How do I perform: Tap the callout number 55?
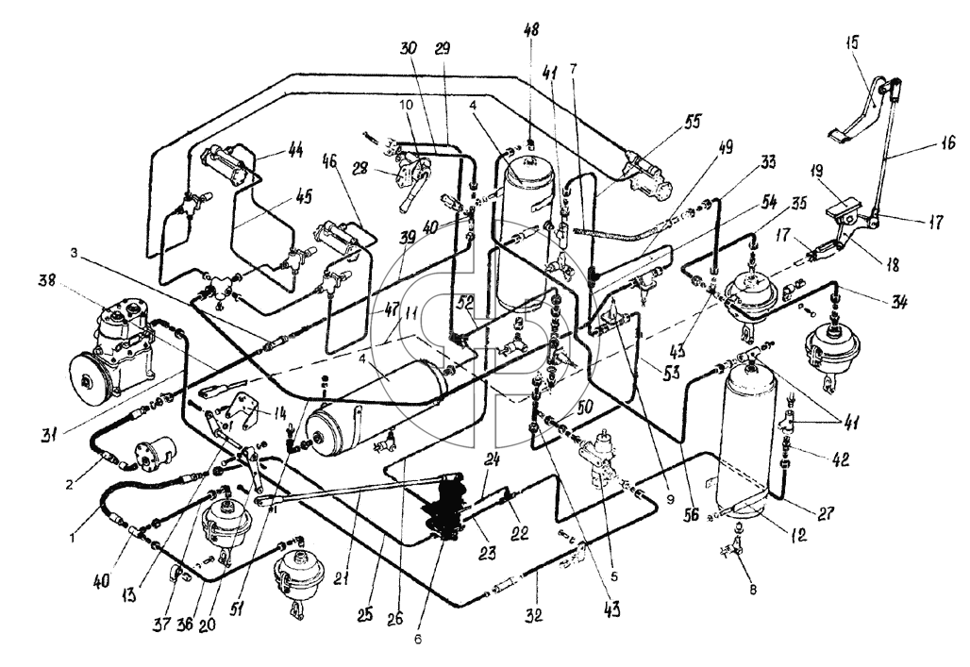(x=694, y=123)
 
